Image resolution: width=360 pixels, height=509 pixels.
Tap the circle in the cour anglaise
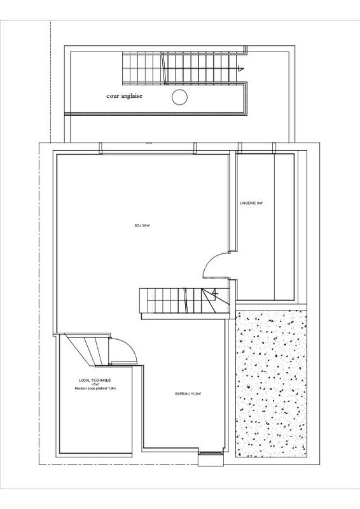(x=180, y=97)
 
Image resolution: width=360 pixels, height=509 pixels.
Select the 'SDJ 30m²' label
(x=142, y=225)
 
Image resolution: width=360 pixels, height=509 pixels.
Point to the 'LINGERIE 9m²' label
(x=251, y=203)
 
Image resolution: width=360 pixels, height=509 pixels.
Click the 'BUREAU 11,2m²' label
(x=188, y=394)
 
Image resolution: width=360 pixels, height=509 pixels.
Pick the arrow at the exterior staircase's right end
(x=239, y=66)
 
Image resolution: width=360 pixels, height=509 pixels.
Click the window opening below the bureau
(x=209, y=454)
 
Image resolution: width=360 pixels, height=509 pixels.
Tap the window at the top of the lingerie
(x=256, y=150)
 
